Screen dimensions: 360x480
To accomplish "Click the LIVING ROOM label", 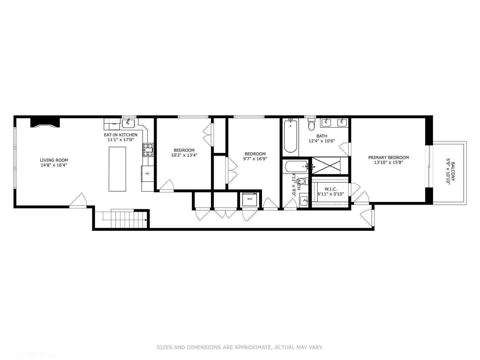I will coord(54,160).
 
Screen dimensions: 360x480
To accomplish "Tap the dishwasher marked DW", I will coord(114,124).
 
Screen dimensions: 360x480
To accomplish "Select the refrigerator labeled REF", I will coord(147,174).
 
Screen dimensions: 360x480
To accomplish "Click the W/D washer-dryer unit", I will coord(250,199).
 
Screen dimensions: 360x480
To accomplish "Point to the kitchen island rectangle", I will coord(117,169).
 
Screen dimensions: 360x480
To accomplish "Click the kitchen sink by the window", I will coord(128,123).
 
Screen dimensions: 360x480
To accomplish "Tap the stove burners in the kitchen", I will coord(148,150).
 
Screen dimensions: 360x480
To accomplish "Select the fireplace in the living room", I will coord(45,122).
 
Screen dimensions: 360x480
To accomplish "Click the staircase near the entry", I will coord(123,219).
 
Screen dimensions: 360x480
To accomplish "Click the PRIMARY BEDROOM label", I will coord(388,158).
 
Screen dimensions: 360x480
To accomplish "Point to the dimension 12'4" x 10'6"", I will coord(322,141).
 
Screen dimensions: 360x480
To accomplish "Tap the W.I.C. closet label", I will coord(331,189).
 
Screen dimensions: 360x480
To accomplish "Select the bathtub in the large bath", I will coord(290,136).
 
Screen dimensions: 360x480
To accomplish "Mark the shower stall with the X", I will coord(326,165).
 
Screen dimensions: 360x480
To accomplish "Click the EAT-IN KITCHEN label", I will coord(120,135).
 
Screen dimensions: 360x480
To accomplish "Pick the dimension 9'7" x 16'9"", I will coord(255,159).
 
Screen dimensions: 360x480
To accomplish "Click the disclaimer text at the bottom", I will coord(240,347).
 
